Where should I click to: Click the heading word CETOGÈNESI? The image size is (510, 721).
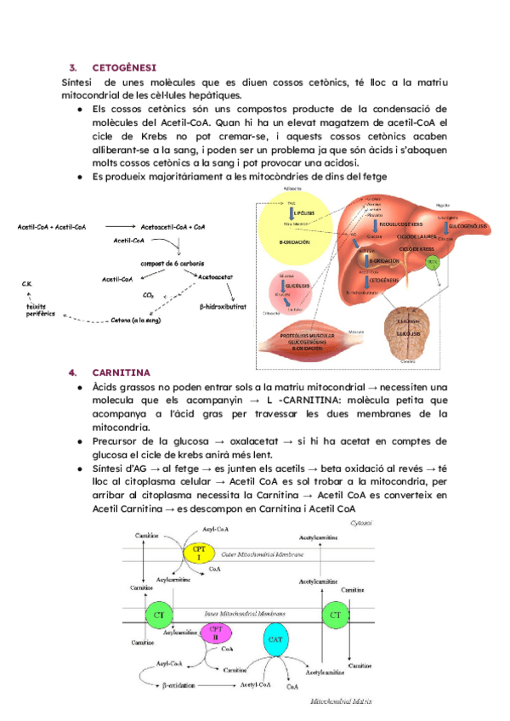coord(123,67)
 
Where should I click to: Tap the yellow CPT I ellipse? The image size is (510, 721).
coord(198,553)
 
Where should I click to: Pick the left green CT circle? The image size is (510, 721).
coord(158,614)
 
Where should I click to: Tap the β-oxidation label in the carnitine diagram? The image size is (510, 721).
coord(184,684)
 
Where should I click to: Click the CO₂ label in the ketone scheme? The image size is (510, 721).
coord(148,295)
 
